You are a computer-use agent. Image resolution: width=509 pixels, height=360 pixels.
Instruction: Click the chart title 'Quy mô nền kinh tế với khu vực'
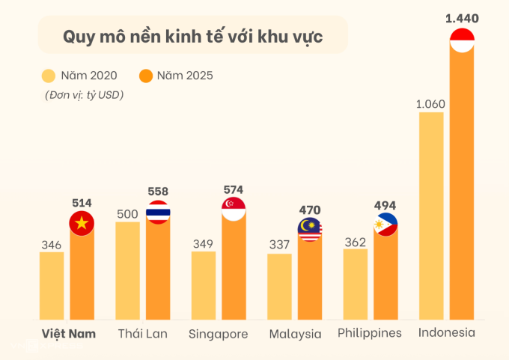pos(192,37)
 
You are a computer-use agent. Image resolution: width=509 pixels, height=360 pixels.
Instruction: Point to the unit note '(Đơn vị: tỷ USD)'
pos(83,95)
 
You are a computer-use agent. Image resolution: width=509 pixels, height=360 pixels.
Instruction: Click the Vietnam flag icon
pos(82,224)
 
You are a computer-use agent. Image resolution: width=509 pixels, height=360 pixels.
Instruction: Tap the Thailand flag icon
pos(158,213)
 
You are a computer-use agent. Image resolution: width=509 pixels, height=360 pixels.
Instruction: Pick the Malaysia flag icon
pos(310,230)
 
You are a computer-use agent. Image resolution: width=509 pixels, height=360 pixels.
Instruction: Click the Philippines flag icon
pos(385,224)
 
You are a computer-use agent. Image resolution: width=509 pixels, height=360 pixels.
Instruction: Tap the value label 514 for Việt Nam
pos(82,202)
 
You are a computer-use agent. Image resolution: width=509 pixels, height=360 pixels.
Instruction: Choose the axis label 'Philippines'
pos(370,333)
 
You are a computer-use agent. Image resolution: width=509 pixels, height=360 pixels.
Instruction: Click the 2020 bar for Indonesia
pos(431,217)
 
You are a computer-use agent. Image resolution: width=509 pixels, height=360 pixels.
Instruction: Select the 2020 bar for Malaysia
pos(279,287)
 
